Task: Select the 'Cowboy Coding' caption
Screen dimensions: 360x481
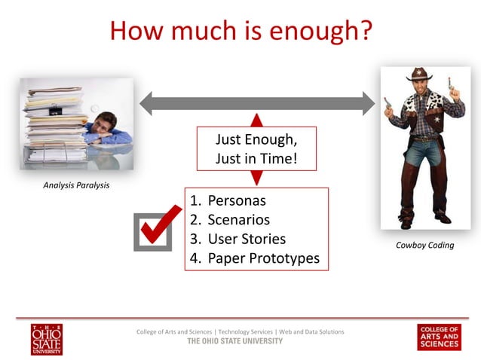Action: click(x=424, y=245)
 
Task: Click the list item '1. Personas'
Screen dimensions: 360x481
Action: click(x=228, y=201)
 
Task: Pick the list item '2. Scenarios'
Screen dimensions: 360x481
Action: click(x=230, y=221)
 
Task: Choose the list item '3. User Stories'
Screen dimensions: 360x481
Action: click(x=237, y=239)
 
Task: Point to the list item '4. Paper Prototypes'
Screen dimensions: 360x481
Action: click(x=254, y=259)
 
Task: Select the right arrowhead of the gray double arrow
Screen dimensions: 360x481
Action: click(x=367, y=103)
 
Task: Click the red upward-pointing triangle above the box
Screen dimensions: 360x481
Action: click(x=256, y=121)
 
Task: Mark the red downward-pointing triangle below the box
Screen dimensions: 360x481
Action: click(x=256, y=178)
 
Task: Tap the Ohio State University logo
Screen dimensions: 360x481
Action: click(x=47, y=339)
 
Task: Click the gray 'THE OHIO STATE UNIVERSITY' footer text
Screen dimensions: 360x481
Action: click(x=234, y=341)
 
